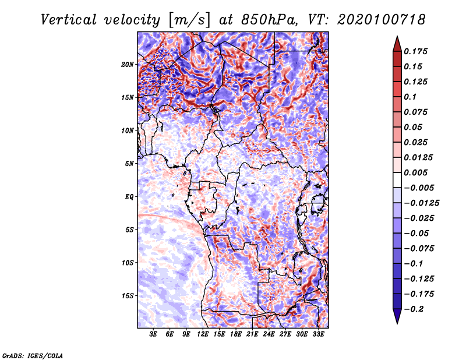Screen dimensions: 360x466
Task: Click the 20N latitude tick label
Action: pos(128,64)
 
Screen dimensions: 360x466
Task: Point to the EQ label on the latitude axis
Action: pos(129,196)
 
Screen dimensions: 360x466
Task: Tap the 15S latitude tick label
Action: pos(128,295)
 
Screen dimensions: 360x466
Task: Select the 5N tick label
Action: pos(129,163)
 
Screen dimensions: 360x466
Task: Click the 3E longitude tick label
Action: pos(153,334)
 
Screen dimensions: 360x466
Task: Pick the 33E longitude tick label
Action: pos(318,334)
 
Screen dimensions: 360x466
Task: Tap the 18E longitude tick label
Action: pos(236,334)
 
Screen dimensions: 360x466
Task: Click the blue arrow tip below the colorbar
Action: pos(397,319)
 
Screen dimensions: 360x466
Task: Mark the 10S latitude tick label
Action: pos(128,262)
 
